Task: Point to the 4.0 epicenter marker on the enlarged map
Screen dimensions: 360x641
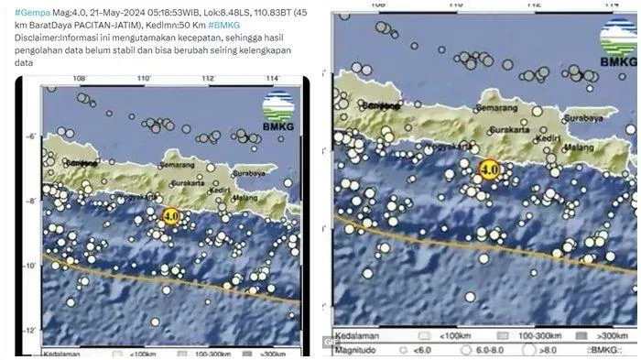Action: [x=489, y=169]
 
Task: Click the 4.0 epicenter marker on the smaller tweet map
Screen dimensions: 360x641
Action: [x=170, y=216]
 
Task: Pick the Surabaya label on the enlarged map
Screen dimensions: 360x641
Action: [x=582, y=118]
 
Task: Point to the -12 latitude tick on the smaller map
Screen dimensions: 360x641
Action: [x=31, y=331]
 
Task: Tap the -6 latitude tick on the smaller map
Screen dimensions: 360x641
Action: [x=31, y=136]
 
